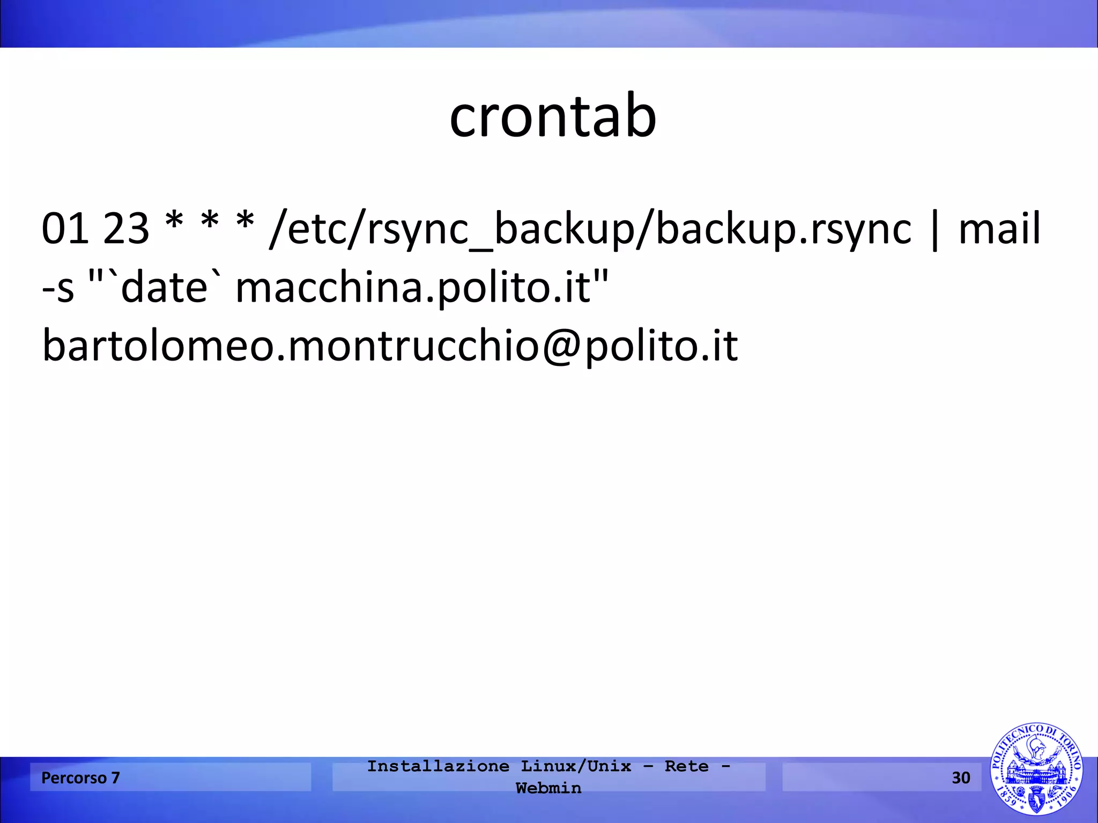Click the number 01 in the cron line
(x=65, y=229)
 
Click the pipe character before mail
(x=934, y=230)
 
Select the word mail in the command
(x=999, y=229)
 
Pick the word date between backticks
(x=164, y=287)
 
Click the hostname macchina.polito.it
(x=413, y=288)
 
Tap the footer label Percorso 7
(x=80, y=777)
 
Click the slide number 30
(x=961, y=777)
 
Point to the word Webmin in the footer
(x=548, y=788)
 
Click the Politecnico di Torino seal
(x=1036, y=769)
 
